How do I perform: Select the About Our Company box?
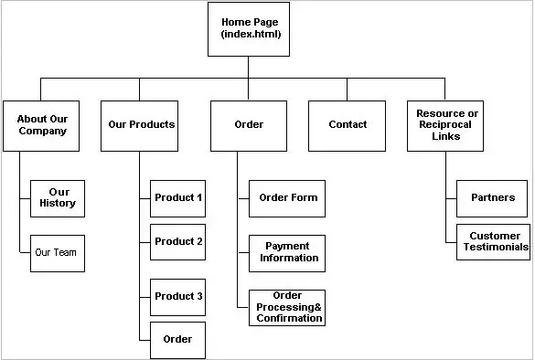42,124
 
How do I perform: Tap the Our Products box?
141,124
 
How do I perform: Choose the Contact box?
348,124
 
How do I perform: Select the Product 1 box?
178,197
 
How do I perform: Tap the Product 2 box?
178,242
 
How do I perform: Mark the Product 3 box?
178,296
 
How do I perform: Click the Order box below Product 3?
178,339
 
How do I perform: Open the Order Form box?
287,197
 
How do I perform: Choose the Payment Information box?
287,252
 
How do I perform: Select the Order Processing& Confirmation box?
287,307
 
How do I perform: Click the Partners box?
493,197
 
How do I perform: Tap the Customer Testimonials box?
493,241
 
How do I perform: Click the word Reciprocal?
446,124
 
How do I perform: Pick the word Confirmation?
287,319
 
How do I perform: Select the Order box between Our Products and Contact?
249,124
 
